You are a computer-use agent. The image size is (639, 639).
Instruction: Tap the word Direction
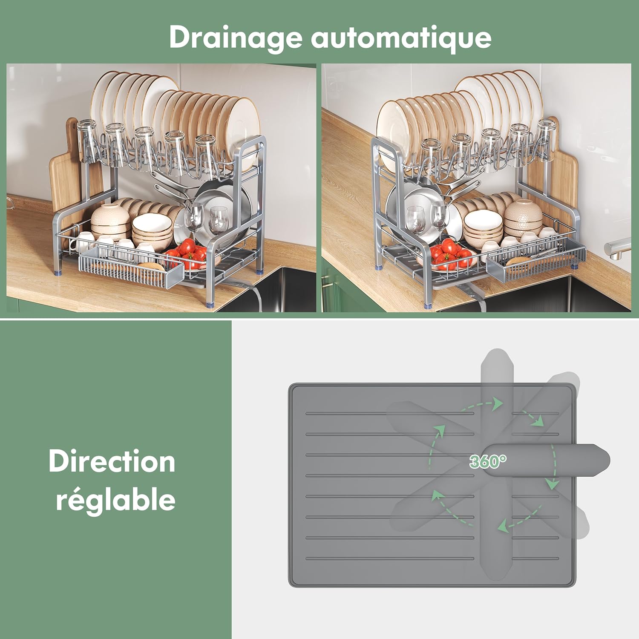tap(112, 461)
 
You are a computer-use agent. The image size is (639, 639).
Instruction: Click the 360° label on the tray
tap(488, 461)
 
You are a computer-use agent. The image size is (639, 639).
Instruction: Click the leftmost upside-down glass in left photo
tap(86, 141)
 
